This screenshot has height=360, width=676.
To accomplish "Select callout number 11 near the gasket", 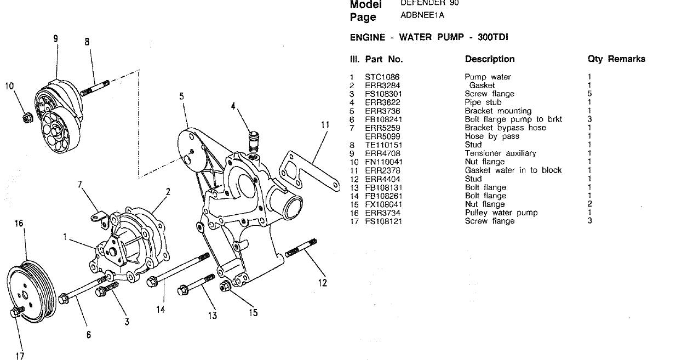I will [x=325, y=125].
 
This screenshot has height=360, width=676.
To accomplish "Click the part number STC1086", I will [x=382, y=77].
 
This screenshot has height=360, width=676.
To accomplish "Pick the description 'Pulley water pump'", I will [x=501, y=213].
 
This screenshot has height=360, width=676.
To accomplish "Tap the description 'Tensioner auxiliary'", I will [x=500, y=153].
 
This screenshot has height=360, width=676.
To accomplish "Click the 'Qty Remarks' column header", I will [x=616, y=59].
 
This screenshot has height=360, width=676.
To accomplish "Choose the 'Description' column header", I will [x=490, y=59].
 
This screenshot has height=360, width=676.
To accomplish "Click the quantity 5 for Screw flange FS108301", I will [x=589, y=94].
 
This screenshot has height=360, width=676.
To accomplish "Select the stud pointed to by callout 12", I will [x=301, y=248].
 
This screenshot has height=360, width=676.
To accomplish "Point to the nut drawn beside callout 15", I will [x=225, y=287].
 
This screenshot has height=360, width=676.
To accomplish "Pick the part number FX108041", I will [x=382, y=204].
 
